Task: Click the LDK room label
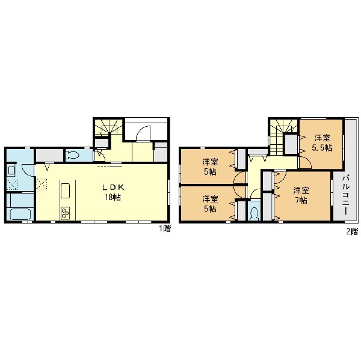pyautogui.click(x=113, y=188)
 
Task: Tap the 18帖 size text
pyautogui.click(x=113, y=197)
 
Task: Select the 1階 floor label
pyautogui.click(x=165, y=229)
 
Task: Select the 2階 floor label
pyautogui.click(x=352, y=231)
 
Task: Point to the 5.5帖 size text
pyautogui.click(x=322, y=148)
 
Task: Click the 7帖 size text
pyautogui.click(x=301, y=201)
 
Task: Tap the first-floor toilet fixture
pyautogui.click(x=72, y=155)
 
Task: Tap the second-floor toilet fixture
pyautogui.click(x=255, y=214)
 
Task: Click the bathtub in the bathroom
pyautogui.click(x=20, y=214)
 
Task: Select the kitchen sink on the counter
pyautogui.click(x=65, y=191)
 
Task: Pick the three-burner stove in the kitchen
pyautogui.click(x=65, y=213)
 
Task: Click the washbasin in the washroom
pyautogui.click(x=11, y=171)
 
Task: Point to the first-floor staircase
pyautogui.click(x=108, y=127)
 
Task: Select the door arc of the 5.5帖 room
pyautogui.click(x=305, y=163)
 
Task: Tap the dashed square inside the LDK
pyautogui.click(x=42, y=184)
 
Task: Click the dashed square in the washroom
pyautogui.click(x=12, y=185)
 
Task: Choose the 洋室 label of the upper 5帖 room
pyautogui.click(x=210, y=162)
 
